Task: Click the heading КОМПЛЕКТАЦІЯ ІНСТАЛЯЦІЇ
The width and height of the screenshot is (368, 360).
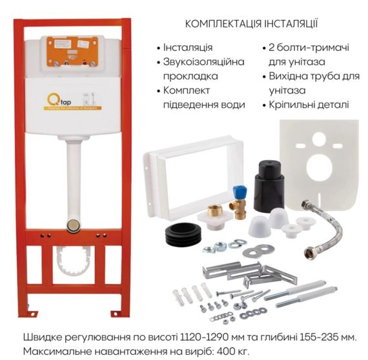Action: (x=252, y=25)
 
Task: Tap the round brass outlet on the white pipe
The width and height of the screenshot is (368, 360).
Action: (x=74, y=225)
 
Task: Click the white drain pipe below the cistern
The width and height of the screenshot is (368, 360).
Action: (x=74, y=174)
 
